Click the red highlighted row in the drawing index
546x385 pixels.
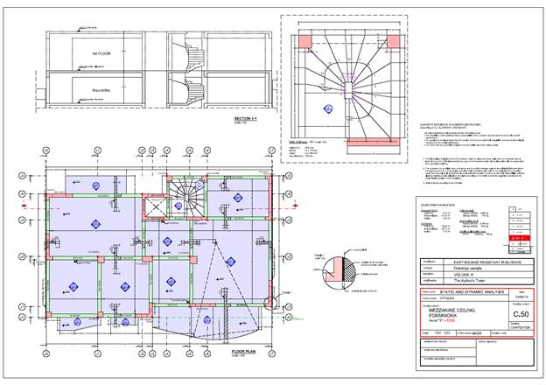[514, 237]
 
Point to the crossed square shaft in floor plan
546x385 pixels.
[154, 206]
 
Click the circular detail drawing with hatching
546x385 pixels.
[346, 266]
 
